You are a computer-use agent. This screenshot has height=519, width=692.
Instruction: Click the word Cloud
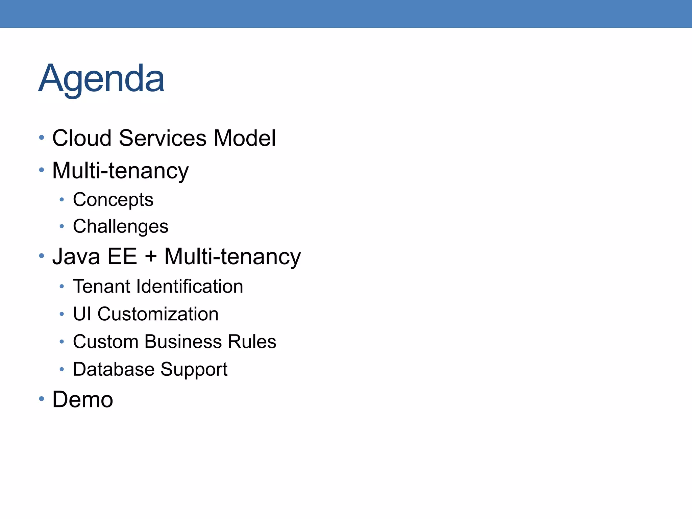point(82,138)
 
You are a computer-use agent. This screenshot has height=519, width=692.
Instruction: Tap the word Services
point(163,138)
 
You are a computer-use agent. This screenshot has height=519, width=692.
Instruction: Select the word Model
point(245,138)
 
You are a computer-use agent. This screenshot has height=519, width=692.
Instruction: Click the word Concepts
point(113,200)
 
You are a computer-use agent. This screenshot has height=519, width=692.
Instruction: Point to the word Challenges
point(121,226)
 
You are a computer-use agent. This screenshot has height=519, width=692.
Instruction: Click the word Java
point(76,256)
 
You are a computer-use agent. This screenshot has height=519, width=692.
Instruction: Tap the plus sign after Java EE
point(151,257)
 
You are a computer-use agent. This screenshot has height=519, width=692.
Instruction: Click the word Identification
point(190,287)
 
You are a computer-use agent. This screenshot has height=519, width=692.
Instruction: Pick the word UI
point(82,314)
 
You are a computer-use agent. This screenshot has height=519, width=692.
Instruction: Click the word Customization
point(158,314)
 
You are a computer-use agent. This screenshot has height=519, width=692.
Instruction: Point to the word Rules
point(252,342)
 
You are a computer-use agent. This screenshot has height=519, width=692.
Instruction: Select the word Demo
point(83,400)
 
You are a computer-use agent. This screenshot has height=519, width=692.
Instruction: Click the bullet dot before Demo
point(42,399)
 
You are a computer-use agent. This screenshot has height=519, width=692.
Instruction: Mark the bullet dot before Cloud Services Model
point(42,138)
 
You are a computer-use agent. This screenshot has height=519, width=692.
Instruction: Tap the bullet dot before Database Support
point(61,369)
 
